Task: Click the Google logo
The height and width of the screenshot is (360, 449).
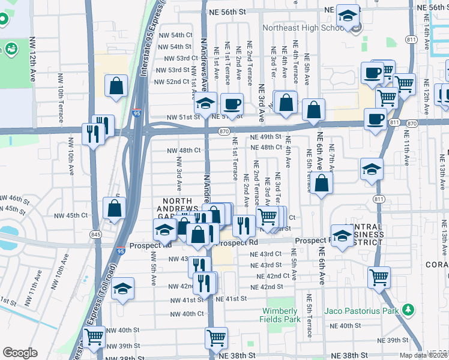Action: [20, 353]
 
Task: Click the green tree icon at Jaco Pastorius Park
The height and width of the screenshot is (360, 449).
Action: [408, 310]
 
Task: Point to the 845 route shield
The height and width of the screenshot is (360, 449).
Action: [97, 234]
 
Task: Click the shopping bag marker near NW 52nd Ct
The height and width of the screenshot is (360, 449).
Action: [116, 86]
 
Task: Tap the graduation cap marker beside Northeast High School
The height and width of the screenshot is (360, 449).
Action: [347, 17]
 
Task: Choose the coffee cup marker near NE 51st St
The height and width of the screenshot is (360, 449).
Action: [232, 104]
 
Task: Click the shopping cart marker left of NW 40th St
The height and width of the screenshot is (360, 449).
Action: [94, 338]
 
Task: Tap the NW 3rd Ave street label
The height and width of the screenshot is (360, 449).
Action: [179, 170]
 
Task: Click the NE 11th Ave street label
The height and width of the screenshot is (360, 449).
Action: [406, 150]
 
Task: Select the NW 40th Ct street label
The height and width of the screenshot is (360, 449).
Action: [187, 314]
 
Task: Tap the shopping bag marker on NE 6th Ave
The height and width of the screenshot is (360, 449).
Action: [322, 184]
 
